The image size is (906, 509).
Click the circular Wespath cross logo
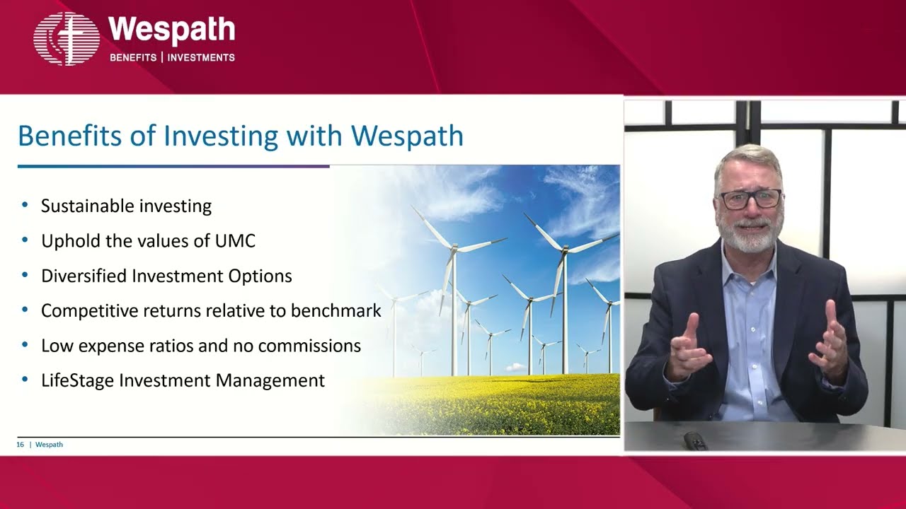(67, 39)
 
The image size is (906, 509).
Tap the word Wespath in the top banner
(171, 30)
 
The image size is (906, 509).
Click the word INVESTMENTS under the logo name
(201, 57)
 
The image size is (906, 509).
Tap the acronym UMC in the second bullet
(234, 241)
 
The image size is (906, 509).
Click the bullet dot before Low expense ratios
(25, 345)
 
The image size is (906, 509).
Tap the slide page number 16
(21, 445)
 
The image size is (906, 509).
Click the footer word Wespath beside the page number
(49, 445)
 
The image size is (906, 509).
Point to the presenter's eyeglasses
(750, 199)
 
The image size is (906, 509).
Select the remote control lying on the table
(695, 440)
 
